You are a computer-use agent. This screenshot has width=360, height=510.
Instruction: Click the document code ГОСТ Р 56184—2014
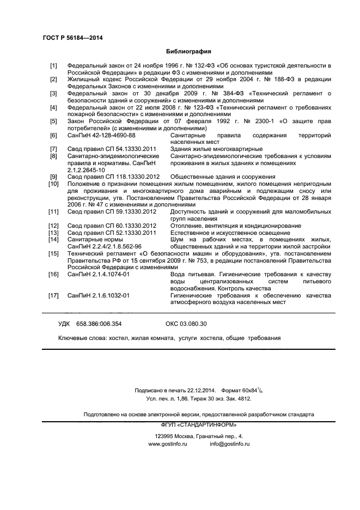click(x=72, y=38)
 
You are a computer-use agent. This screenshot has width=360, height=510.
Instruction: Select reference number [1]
click(x=53, y=65)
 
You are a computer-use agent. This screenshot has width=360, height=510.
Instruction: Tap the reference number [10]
click(x=53, y=184)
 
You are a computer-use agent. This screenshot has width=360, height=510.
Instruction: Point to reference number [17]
click(x=53, y=295)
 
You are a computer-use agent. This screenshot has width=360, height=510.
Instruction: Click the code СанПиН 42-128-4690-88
click(x=101, y=135)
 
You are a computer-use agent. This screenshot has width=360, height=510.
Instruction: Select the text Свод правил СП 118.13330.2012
click(x=113, y=177)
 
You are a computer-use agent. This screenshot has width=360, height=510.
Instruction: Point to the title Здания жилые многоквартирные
click(x=216, y=149)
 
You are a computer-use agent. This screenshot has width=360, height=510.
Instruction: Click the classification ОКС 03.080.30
click(x=186, y=324)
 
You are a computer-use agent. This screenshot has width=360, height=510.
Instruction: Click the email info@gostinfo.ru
click(x=230, y=444)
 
